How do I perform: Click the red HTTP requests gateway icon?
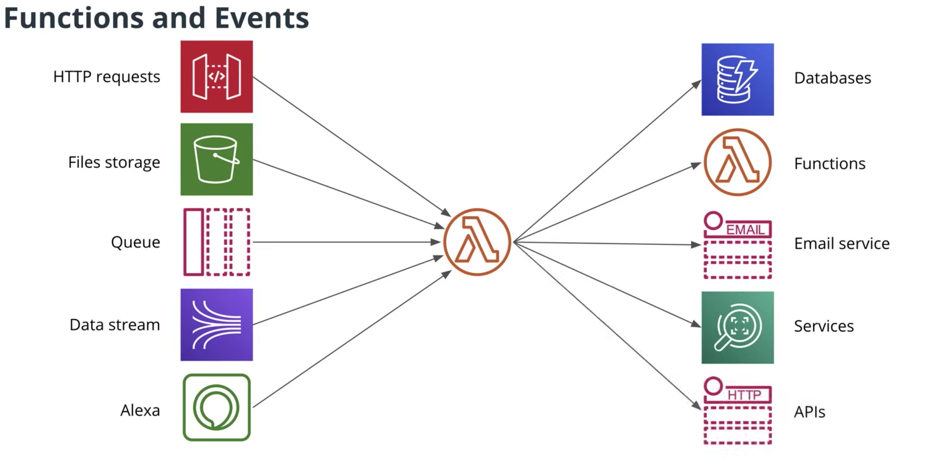point(216,76)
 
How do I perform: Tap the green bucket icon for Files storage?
point(216,159)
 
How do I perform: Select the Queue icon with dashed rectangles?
point(216,242)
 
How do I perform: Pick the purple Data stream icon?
point(216,324)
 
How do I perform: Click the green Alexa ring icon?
point(216,407)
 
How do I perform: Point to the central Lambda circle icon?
point(477,242)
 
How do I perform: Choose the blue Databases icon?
point(737,79)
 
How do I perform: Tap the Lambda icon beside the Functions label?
point(737,162)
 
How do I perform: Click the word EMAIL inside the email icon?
point(745,230)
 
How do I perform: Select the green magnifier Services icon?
point(737,327)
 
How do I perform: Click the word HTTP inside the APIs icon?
point(744,395)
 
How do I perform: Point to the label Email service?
point(842,244)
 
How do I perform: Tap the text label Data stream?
point(115,325)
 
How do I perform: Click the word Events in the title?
point(262,18)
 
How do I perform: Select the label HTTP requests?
point(106,77)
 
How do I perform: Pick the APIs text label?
point(809,412)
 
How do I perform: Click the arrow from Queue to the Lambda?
point(345,242)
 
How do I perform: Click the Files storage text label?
point(114,162)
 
